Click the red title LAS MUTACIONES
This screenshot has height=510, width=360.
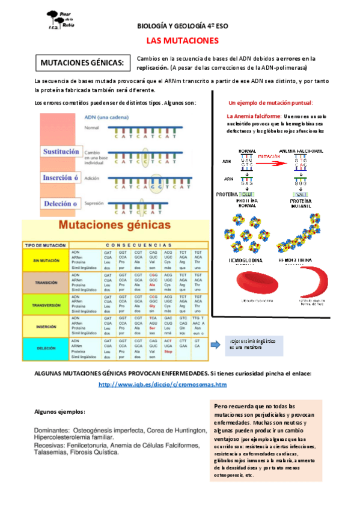coord(181,41)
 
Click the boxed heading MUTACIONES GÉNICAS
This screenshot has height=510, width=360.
coord(82,63)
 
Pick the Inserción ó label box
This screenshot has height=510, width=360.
coord(60,177)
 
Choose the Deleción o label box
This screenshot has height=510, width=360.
coord(60,203)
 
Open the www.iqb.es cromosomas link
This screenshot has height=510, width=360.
coord(162,384)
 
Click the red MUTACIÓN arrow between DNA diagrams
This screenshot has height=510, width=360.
coord(269,159)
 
